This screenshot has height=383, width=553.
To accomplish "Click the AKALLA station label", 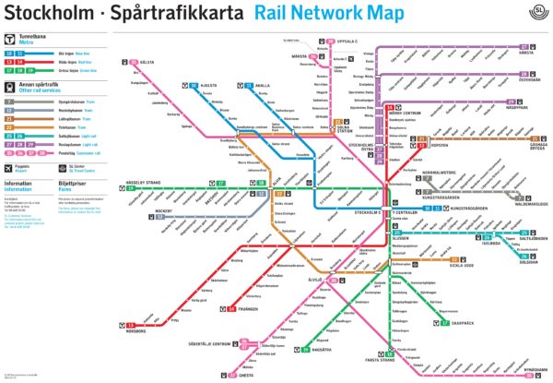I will pyautogui.click(x=263, y=85).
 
